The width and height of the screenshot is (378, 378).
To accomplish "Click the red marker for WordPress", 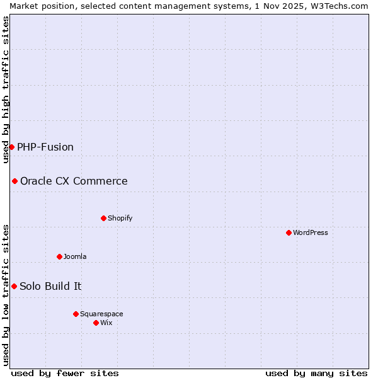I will (289, 232).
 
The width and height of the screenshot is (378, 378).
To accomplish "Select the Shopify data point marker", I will (103, 218).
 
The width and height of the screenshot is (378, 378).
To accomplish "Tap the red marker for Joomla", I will (59, 256).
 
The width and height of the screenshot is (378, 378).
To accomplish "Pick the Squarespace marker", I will (76, 314).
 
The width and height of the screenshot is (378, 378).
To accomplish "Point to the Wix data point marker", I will (96, 323).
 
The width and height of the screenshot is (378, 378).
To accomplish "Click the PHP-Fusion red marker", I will (11, 147).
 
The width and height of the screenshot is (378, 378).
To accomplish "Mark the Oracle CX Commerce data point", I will (14, 181).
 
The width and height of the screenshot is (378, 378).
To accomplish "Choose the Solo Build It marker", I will (14, 286).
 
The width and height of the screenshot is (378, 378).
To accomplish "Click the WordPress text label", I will (311, 232).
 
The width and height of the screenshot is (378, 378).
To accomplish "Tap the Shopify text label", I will (120, 218).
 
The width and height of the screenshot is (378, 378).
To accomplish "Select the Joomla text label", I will (75, 256).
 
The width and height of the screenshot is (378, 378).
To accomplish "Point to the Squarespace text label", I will (101, 314).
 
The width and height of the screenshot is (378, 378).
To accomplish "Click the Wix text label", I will (106, 323).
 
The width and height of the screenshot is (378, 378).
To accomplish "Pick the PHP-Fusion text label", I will (45, 147).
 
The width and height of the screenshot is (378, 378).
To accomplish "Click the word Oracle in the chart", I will (37, 181).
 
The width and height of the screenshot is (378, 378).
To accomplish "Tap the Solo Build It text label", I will (50, 286).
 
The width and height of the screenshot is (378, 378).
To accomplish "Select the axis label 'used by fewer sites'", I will (65, 373).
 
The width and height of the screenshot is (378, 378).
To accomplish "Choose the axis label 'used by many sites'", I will (316, 373).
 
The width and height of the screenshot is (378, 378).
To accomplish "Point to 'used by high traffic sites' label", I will (6, 89).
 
